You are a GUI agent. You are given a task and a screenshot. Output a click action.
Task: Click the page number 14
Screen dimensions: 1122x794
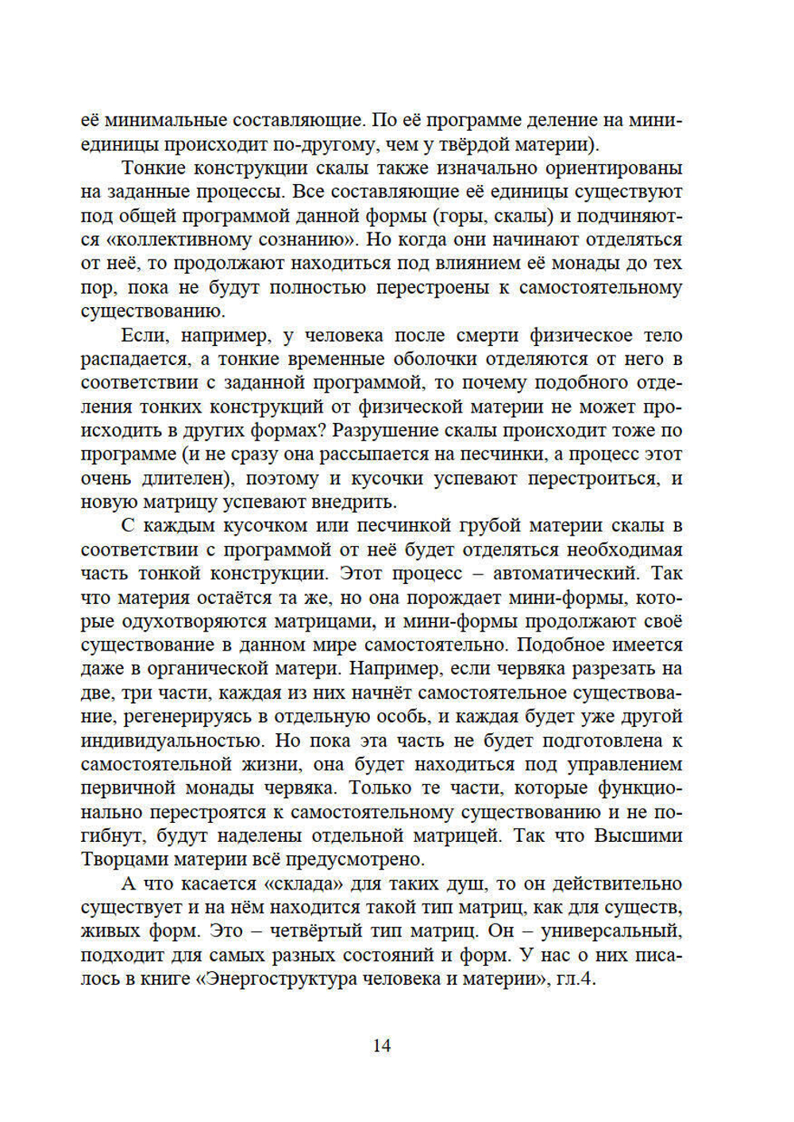point(381,1046)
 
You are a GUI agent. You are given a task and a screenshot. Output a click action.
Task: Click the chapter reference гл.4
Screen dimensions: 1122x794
point(575,978)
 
